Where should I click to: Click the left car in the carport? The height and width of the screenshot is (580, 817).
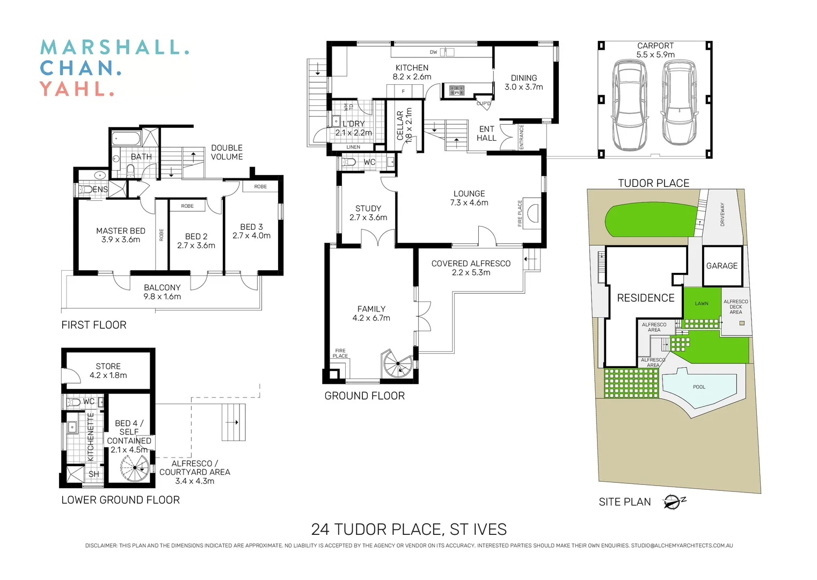point(630,105)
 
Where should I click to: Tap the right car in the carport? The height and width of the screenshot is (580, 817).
point(679,103)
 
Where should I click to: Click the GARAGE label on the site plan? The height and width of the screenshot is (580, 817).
point(721,266)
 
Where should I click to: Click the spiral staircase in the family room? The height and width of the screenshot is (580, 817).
point(398,364)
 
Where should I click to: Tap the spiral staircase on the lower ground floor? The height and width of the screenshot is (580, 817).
point(134,469)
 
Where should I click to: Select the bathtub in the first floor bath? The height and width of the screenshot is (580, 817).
point(126,139)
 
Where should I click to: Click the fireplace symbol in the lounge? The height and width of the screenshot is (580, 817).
point(532,213)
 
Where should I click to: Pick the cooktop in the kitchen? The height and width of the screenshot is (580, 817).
point(457,90)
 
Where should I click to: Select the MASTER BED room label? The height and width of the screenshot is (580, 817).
point(121,231)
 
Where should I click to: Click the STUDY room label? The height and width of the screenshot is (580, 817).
point(368,208)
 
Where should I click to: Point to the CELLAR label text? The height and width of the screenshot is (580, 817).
point(400,126)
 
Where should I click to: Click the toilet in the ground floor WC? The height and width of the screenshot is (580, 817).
point(348,162)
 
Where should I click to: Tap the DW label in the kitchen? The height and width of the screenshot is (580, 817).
point(433,52)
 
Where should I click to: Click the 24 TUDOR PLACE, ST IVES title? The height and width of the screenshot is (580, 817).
point(408,530)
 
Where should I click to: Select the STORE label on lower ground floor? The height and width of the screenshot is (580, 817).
point(108,366)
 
